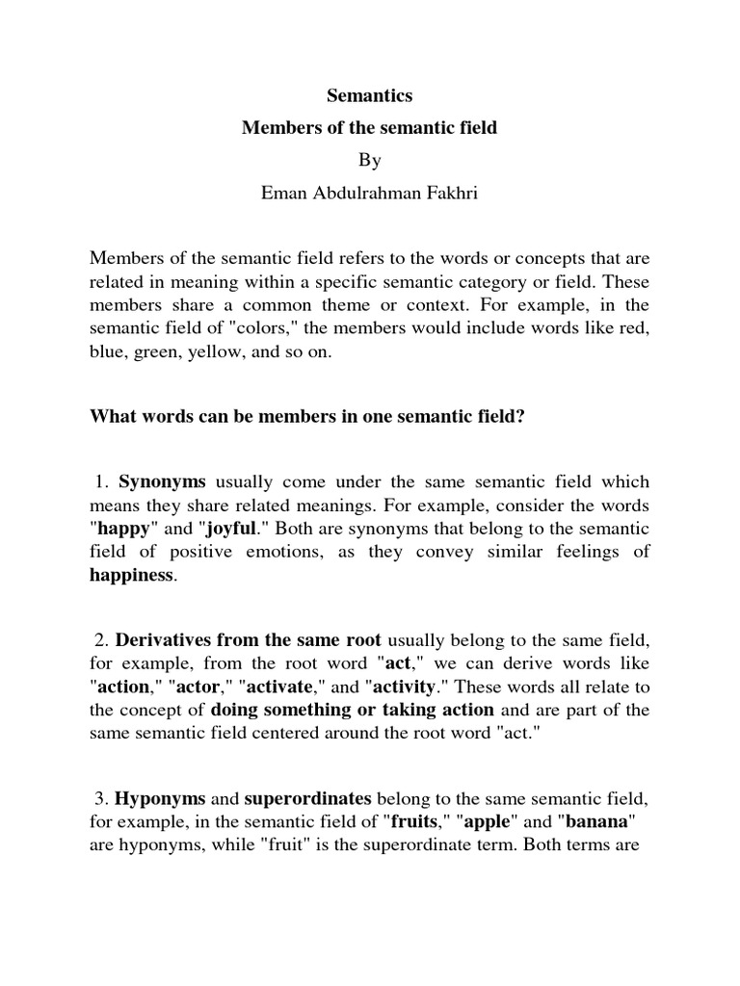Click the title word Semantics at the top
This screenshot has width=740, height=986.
(370, 96)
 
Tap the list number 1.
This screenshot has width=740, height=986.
(103, 482)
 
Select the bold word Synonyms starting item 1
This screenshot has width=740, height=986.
(162, 482)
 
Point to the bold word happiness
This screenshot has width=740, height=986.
(132, 575)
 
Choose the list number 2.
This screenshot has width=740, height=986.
(103, 640)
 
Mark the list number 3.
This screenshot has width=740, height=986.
(103, 798)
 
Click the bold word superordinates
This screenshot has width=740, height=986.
(307, 798)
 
